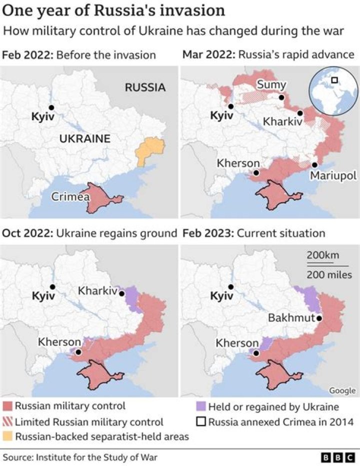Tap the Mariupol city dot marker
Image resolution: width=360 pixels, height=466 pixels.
pyautogui.click(x=314, y=165)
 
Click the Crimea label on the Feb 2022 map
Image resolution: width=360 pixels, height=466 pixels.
pyautogui.click(x=70, y=197)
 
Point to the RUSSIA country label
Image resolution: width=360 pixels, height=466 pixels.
pyautogui.click(x=145, y=88)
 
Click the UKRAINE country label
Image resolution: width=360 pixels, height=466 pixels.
pyautogui.click(x=84, y=139)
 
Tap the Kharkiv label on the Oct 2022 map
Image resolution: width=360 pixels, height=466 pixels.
pyautogui.click(x=97, y=290)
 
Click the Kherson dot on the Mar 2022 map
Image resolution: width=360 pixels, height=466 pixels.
pyautogui.click(x=256, y=173)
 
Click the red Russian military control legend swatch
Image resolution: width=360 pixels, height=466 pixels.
pyautogui.click(x=7, y=406)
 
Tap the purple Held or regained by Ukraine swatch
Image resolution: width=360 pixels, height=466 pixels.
pyautogui.click(x=200, y=406)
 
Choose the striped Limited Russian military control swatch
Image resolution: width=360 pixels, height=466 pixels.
pyautogui.click(x=7, y=421)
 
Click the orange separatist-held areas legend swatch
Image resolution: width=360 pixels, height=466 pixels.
pyautogui.click(x=7, y=436)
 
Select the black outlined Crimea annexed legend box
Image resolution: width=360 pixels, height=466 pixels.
pyautogui.click(x=200, y=421)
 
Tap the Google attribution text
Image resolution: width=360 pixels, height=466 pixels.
pyautogui.click(x=342, y=390)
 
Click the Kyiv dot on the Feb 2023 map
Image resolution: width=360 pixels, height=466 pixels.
pyautogui.click(x=230, y=287)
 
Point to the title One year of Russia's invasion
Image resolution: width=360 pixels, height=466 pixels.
pyautogui.click(x=113, y=11)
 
